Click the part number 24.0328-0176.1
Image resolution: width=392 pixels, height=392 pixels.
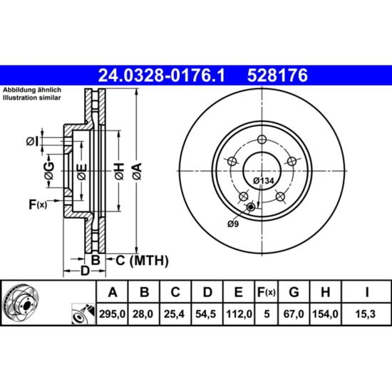pyautogui.click(x=161, y=76)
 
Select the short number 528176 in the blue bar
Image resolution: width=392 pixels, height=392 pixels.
pyautogui.click(x=277, y=76)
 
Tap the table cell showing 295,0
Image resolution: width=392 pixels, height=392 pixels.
pyautogui.click(x=112, y=314)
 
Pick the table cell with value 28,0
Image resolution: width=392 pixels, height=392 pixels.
pyautogui.click(x=143, y=314)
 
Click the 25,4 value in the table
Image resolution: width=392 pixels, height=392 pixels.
pyautogui.click(x=174, y=314)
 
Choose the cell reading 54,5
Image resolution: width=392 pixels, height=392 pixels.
pyautogui.click(x=206, y=314)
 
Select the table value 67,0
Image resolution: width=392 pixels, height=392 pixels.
pyautogui.click(x=294, y=314)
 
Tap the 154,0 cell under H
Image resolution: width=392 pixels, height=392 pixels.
pyautogui.click(x=325, y=314)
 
